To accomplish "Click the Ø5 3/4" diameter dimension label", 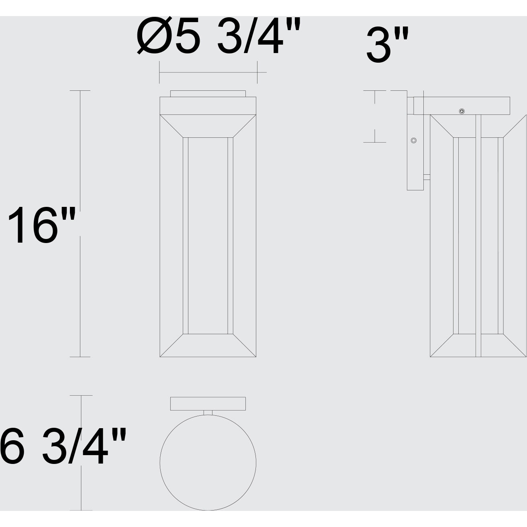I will click(219, 37).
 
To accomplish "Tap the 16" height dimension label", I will click(42, 225).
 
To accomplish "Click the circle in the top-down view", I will click(208, 462).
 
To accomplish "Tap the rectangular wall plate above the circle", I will click(208, 404).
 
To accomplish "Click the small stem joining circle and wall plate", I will click(208, 413).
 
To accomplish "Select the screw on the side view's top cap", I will click(462, 111).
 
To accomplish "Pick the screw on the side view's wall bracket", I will click(413, 140).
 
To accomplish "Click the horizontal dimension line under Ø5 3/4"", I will click(209, 72).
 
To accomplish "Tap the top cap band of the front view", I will click(208, 106).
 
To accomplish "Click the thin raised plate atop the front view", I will click(208, 94).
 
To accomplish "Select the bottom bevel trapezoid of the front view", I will click(208, 345).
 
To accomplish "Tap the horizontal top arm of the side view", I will click(462, 106).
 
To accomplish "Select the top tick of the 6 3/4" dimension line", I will click(82, 396).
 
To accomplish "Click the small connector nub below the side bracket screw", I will click(427, 177).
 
